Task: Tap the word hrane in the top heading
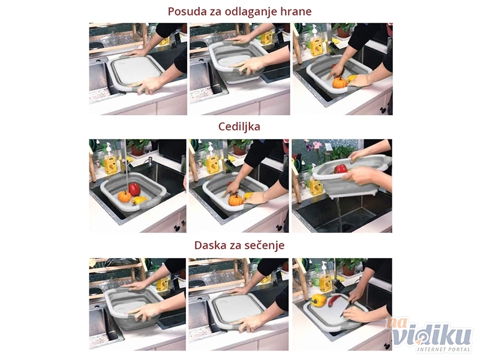[x=296, y=11]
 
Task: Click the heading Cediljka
[x=239, y=127]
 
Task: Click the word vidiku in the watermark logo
[x=432, y=336]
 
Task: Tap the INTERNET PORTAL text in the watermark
[x=443, y=349]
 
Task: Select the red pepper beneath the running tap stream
[x=134, y=189]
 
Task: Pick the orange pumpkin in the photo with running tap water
[x=125, y=197]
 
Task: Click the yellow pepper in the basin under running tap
[x=139, y=200]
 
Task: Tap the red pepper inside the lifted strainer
[x=340, y=169]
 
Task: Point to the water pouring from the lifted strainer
[x=338, y=214]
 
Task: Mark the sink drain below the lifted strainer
[x=347, y=228]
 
